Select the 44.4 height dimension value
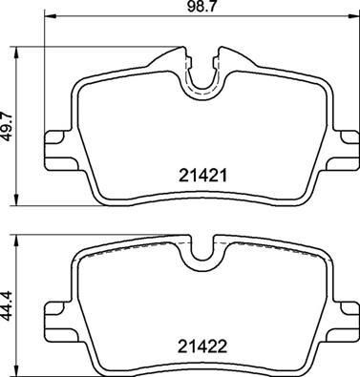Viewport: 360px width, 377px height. tap(10, 304)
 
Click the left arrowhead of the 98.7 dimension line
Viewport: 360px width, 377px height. tap(49, 18)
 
